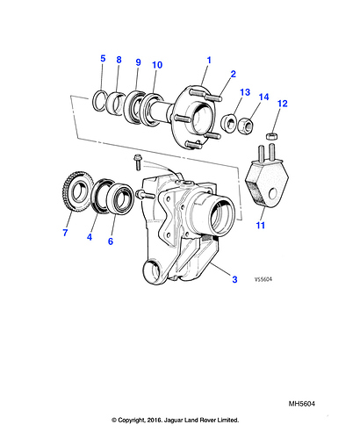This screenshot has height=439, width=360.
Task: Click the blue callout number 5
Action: (x=103, y=58)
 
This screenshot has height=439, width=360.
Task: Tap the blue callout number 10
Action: (x=157, y=65)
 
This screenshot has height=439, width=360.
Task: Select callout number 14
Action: (x=263, y=97)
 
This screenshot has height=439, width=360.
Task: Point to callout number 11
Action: (x=260, y=225)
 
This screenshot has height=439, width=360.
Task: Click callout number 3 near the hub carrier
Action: (x=234, y=279)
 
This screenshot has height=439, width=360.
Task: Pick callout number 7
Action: (x=65, y=233)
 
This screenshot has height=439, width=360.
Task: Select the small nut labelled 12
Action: (x=271, y=136)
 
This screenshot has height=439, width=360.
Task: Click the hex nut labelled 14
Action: (x=245, y=126)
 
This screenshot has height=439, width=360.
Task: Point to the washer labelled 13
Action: (x=228, y=124)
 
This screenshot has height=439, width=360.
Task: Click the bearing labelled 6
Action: (x=120, y=198)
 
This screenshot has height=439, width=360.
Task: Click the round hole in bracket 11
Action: (x=273, y=193)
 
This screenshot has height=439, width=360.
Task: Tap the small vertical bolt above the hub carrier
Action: (x=137, y=162)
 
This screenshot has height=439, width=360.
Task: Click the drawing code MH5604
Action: (x=302, y=404)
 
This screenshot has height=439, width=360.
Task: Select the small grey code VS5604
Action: (x=263, y=279)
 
